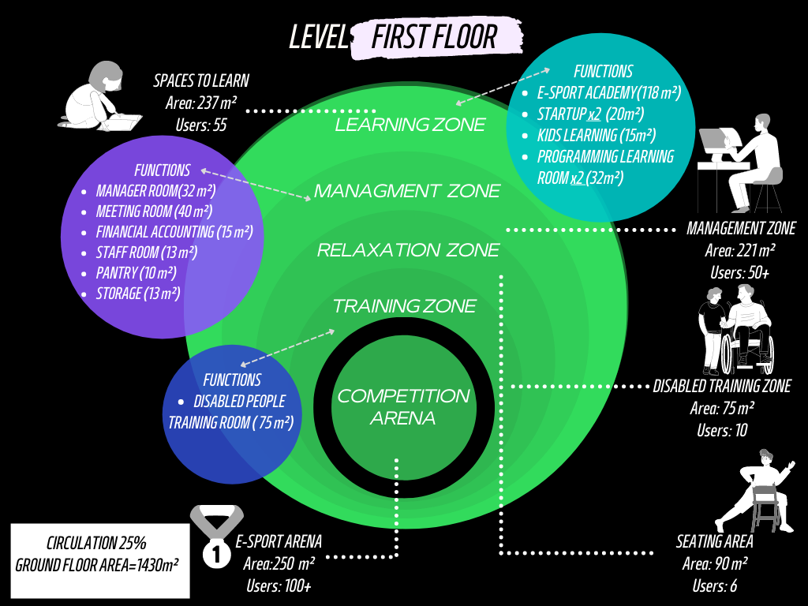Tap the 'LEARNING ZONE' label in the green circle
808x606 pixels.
coord(410,125)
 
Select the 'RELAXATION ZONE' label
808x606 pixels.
coord(408,250)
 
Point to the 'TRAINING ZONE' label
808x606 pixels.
coord(404,305)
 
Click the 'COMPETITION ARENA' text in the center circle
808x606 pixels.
coord(403,406)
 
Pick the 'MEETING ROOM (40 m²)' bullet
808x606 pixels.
coord(154,211)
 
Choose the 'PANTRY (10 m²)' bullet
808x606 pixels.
coord(136,273)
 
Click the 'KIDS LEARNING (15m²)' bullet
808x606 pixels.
coord(597,135)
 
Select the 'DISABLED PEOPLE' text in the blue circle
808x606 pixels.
coord(239,401)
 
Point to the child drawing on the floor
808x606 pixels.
coord(99,99)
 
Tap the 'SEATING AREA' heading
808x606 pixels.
coord(714,542)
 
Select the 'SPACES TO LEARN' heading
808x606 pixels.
coord(201,80)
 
